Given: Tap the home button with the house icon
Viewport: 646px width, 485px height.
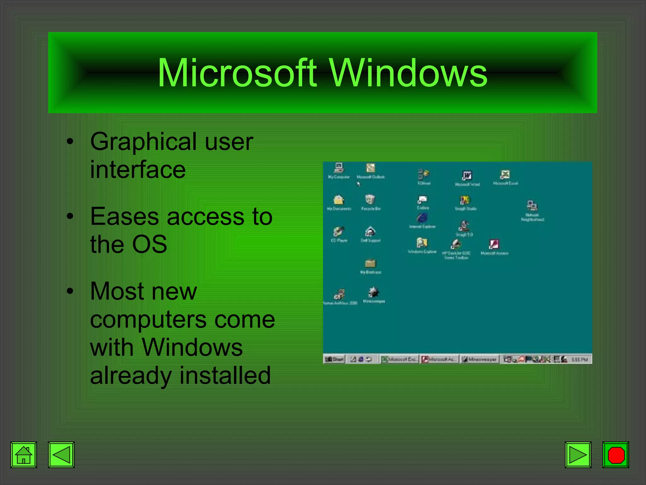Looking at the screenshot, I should (x=24, y=455).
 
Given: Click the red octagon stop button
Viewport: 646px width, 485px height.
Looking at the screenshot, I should (x=616, y=455).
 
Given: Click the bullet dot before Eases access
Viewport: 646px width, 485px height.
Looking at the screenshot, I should (x=70, y=217).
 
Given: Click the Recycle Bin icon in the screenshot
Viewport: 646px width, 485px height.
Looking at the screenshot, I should (x=370, y=200).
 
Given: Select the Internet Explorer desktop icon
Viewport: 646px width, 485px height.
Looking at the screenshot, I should (x=422, y=218).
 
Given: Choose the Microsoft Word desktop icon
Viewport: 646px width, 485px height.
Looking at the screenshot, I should (x=467, y=176).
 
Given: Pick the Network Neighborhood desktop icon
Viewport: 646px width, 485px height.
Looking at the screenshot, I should (x=532, y=206).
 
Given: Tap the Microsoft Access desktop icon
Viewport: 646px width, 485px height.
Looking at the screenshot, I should (x=494, y=244).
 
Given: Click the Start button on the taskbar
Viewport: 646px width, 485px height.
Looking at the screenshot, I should (x=334, y=359).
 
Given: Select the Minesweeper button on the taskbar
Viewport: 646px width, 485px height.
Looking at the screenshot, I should (x=479, y=359).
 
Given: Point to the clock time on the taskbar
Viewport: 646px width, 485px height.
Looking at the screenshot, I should (x=579, y=359).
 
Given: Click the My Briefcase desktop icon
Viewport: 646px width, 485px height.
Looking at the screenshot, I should (x=371, y=263).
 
